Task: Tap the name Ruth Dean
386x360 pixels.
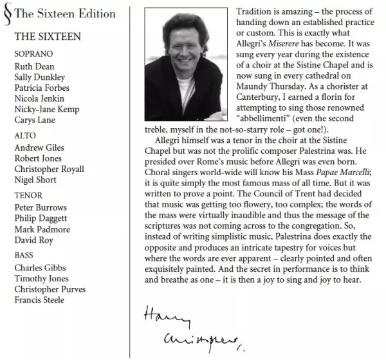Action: [x=34, y=66]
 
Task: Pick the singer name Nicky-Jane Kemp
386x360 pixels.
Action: [x=46, y=109]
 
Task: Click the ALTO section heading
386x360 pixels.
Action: [x=25, y=137]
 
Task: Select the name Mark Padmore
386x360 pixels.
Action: [x=42, y=230]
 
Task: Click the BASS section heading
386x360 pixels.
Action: [x=24, y=255]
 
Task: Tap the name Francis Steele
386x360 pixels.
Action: [x=40, y=300]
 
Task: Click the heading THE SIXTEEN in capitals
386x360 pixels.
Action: [x=48, y=37]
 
